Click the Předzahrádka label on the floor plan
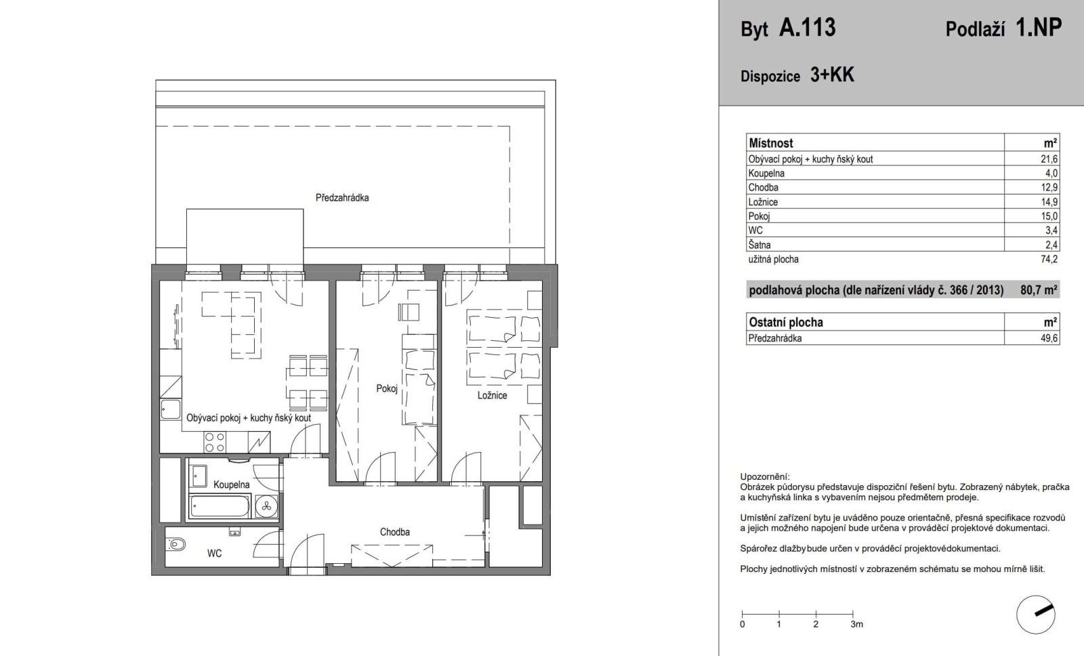coord(342,198)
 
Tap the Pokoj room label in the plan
coord(386,388)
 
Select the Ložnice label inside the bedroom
coord(492,395)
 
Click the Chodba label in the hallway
coord(394,532)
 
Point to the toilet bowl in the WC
coord(178,544)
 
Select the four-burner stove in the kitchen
coord(215,442)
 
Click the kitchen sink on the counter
coord(170,410)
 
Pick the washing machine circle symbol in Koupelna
coord(266,506)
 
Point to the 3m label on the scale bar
coord(856,623)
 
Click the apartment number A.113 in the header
coord(808,28)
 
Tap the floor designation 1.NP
coord(1039,28)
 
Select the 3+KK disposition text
coord(832,75)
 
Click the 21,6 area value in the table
coord(1050,159)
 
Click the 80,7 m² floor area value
coord(1039,290)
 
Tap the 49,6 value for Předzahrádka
coord(1050,338)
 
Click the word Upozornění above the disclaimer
coord(764,476)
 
